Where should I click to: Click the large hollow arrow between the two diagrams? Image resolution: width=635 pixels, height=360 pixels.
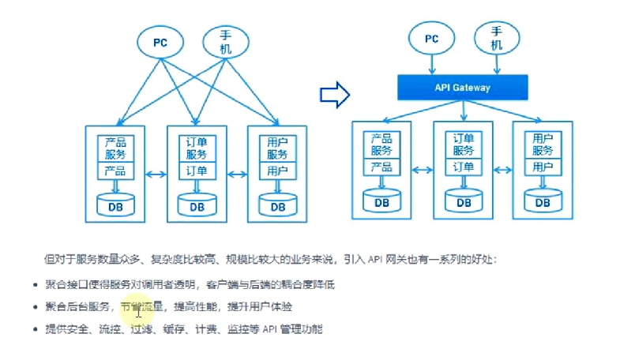click(334, 95)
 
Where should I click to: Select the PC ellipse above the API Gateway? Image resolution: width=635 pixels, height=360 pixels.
click(431, 38)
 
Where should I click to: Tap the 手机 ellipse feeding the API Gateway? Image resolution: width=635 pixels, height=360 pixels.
click(496, 38)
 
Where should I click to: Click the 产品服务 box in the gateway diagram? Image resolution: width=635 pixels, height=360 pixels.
click(381, 144)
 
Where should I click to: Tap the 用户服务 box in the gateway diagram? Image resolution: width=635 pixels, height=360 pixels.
click(542, 144)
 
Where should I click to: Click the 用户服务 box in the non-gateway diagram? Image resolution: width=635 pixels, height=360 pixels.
click(276, 148)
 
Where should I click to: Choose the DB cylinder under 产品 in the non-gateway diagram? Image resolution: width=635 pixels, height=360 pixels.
click(116, 205)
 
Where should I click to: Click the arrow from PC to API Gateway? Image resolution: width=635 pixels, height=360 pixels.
click(431, 65)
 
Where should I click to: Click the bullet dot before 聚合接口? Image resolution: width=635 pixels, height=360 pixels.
click(36, 284)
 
